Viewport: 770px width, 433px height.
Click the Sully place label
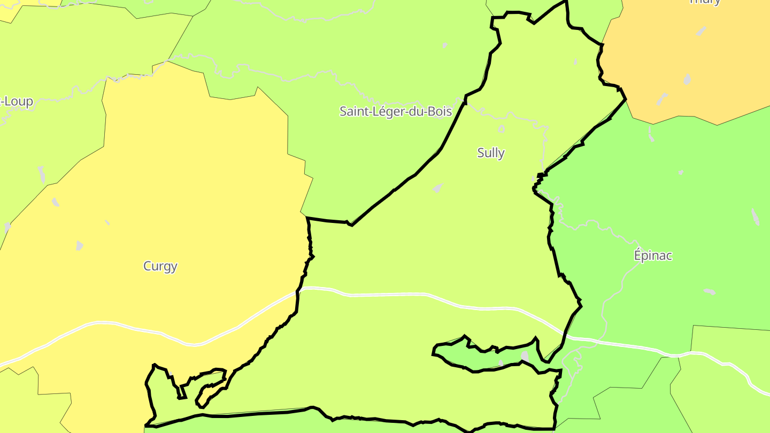coord(490,153)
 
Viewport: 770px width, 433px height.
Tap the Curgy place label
coord(160,266)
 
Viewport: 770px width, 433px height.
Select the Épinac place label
coord(652,255)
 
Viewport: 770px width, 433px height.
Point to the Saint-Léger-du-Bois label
coord(396,111)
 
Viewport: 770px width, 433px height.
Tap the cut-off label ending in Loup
coord(16,101)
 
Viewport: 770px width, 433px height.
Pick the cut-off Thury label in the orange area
coord(705,2)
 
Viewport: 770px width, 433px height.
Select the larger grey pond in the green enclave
coord(525,356)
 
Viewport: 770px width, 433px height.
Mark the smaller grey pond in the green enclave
coord(500,364)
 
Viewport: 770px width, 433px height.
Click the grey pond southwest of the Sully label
coord(438,188)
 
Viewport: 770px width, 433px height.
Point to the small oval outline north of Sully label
coord(501,129)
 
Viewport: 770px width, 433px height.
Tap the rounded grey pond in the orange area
coord(687,79)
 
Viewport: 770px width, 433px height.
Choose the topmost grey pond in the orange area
coord(701,31)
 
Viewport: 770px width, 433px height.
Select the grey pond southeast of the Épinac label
coord(710,291)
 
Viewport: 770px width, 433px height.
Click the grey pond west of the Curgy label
coord(80,245)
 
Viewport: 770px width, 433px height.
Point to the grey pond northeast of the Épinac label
coord(754,216)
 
